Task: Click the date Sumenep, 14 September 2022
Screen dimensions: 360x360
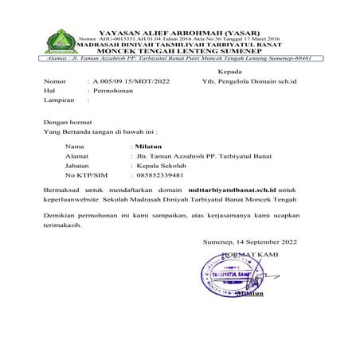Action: coord(251,241)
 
